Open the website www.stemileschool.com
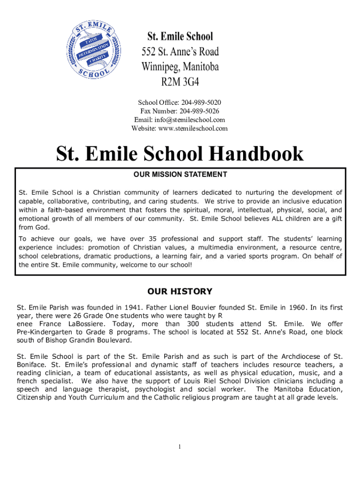(x=193, y=128)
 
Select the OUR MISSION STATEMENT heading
(x=180, y=174)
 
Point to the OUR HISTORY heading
(x=180, y=291)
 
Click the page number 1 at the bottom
(x=180, y=447)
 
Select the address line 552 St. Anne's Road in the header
(x=180, y=51)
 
